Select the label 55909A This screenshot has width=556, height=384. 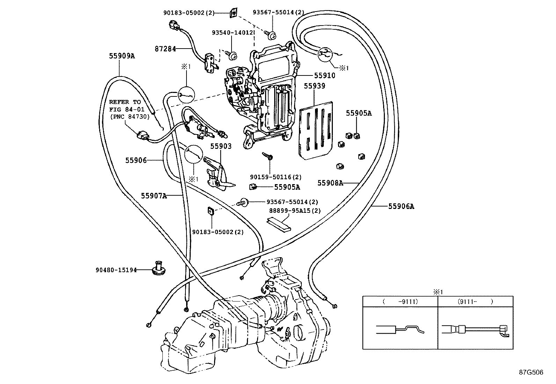[x=122, y=56]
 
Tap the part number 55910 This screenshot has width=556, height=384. [x=324, y=75]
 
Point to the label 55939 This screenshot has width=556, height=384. [x=314, y=86]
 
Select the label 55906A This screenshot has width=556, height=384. [x=401, y=206]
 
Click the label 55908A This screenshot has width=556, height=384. [x=330, y=183]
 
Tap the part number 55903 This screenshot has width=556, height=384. [x=221, y=146]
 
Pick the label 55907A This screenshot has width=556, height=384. [x=154, y=196]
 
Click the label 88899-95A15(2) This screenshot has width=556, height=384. [x=295, y=210]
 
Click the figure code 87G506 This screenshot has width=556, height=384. [x=531, y=372]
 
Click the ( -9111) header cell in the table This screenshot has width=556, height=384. [x=400, y=301]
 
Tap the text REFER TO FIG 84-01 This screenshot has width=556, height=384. [x=125, y=106]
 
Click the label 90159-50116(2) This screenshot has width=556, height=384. [x=276, y=177]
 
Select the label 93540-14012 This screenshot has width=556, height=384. [x=232, y=32]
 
